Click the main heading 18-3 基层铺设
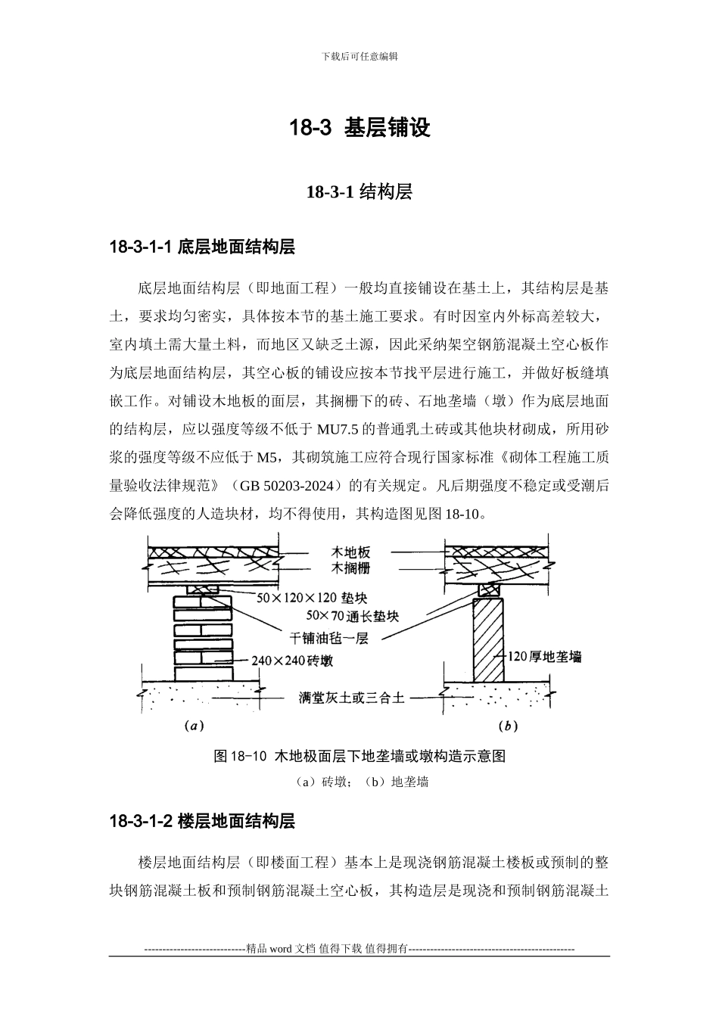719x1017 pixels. pyautogui.click(x=359, y=128)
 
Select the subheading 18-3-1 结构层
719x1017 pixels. pyautogui.click(x=359, y=192)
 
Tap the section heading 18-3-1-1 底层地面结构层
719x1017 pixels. pyautogui.click(x=202, y=247)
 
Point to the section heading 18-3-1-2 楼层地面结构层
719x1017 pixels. pyautogui.click(x=202, y=821)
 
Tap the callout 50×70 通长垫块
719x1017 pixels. pyautogui.click(x=352, y=616)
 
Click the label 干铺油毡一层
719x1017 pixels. pyautogui.click(x=328, y=638)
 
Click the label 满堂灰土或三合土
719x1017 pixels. pyautogui.click(x=351, y=697)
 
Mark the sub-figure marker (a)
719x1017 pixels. pyautogui.click(x=194, y=726)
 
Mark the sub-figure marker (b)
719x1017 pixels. pyautogui.click(x=508, y=726)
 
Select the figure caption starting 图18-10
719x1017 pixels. pyautogui.click(x=359, y=756)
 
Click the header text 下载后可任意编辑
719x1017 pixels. pyautogui.click(x=359, y=56)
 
